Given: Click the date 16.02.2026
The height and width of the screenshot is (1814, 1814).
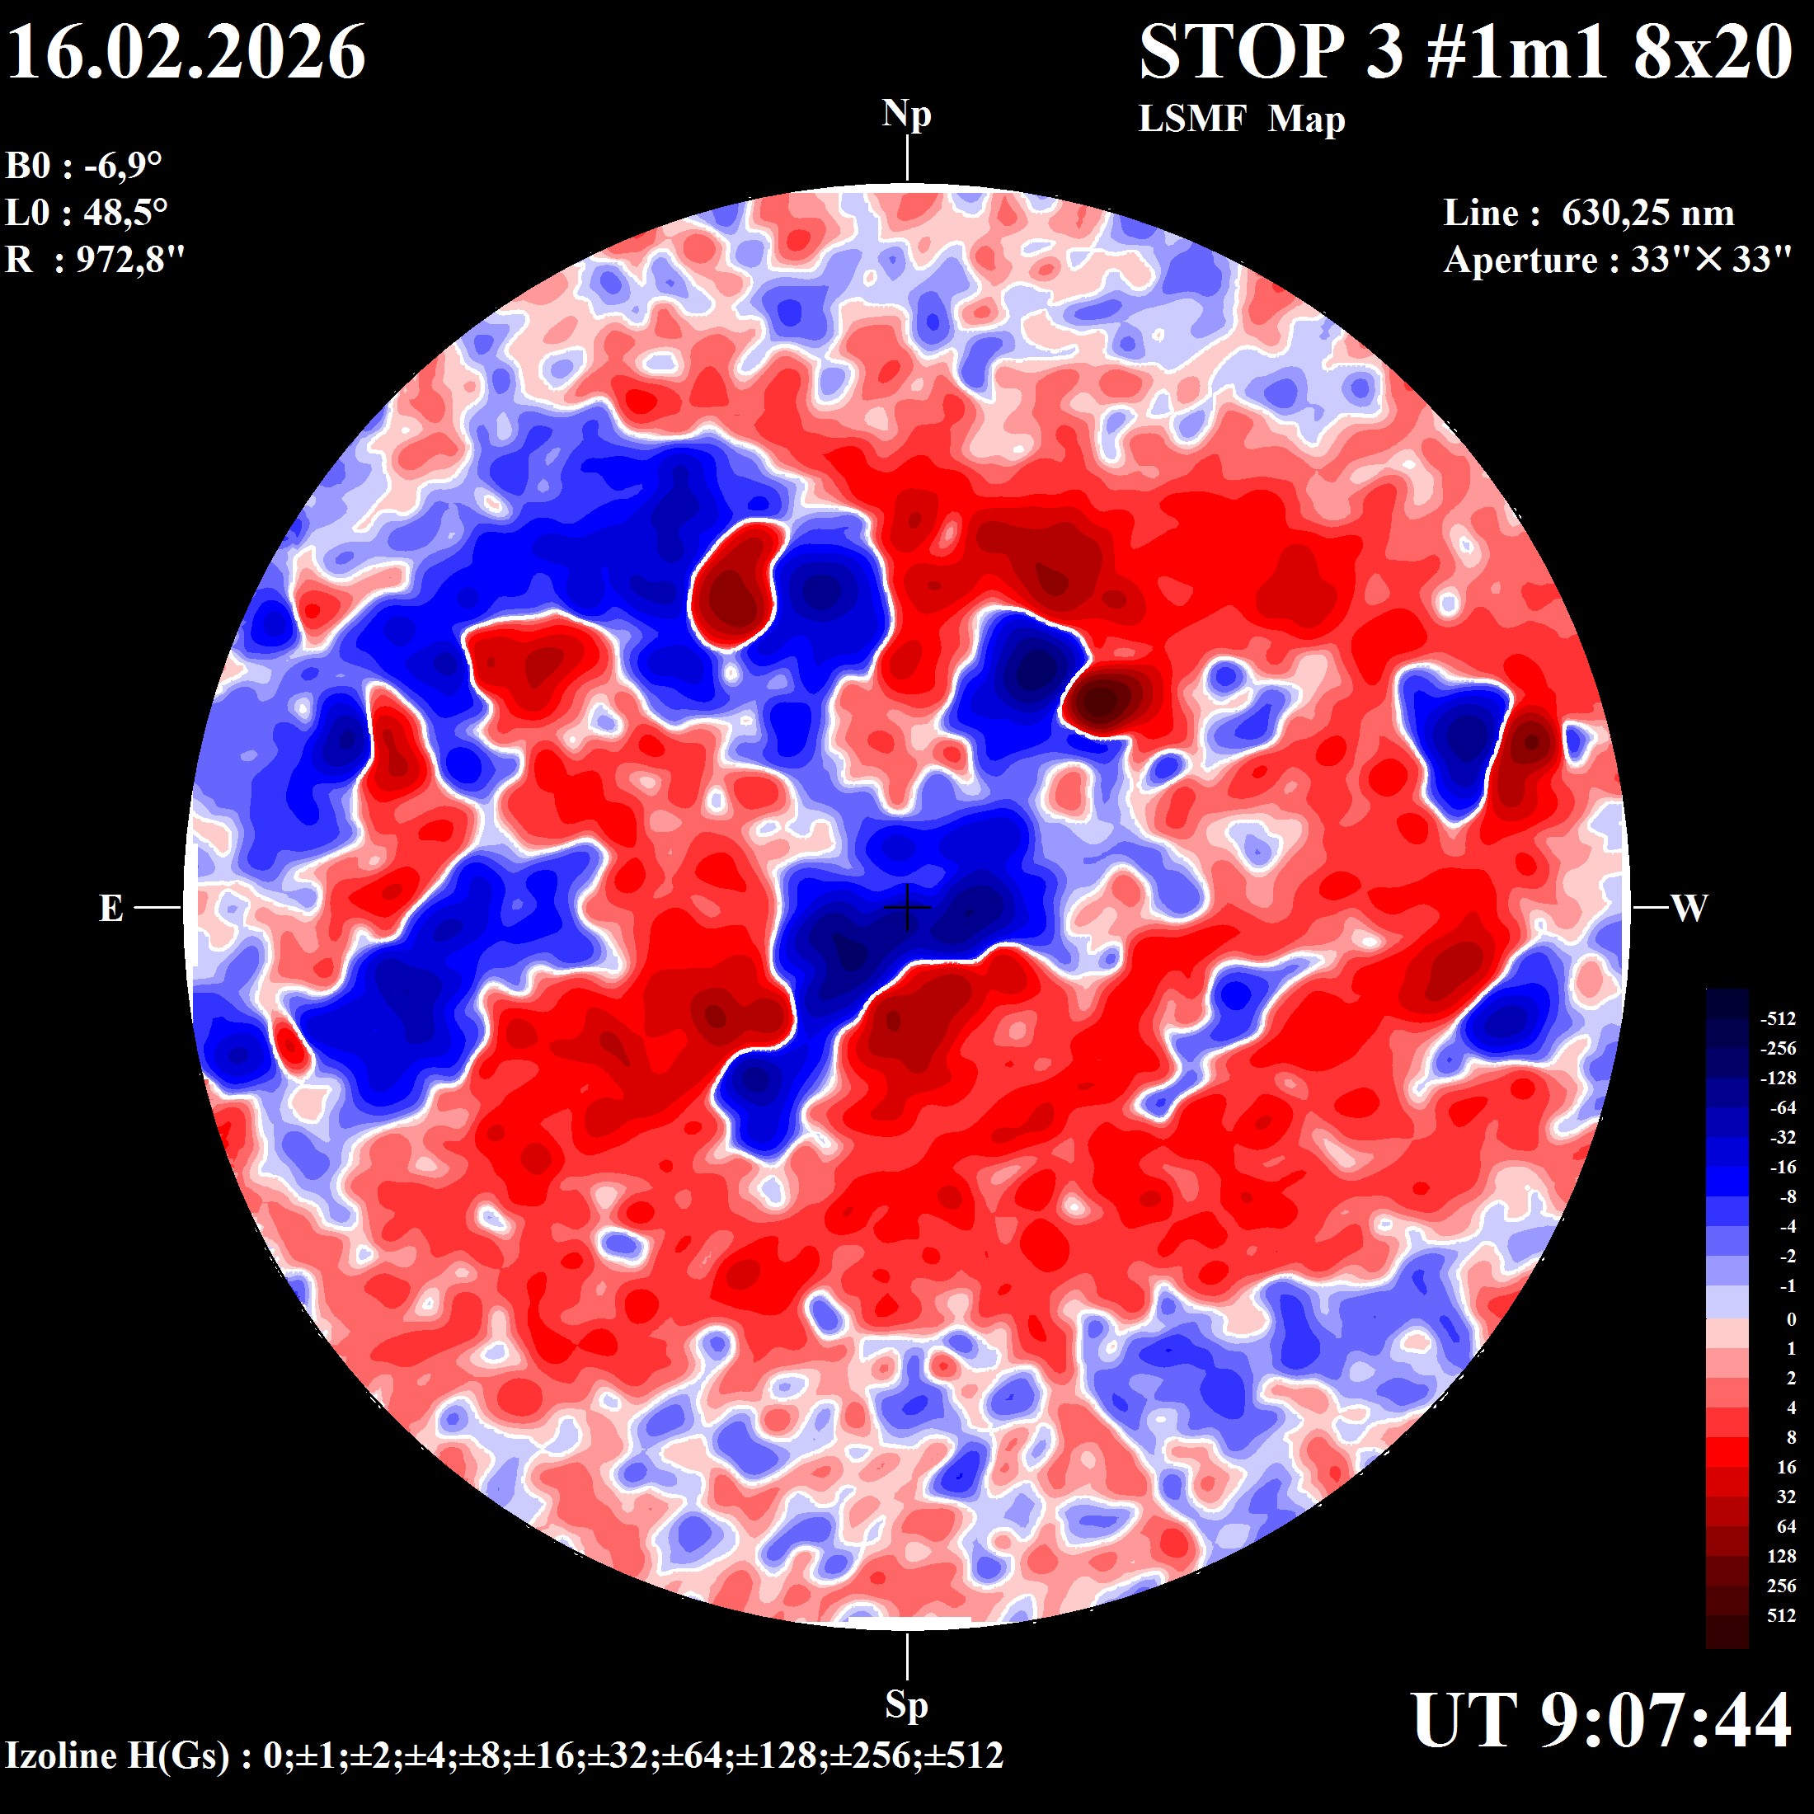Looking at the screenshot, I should pos(186,53).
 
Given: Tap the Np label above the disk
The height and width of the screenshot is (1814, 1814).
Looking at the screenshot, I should pos(906,115).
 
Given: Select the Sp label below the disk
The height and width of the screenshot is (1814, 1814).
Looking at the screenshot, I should pos(906,1704).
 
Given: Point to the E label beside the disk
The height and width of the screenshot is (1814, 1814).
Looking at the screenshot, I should pos(110,909).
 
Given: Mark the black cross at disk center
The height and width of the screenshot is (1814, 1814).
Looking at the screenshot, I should pos(907,907).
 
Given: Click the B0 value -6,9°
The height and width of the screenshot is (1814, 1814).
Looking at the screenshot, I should pos(123,167).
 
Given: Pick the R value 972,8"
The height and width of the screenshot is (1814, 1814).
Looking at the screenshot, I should pos(130,259).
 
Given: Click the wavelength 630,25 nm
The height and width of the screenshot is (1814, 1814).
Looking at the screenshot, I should pos(1647,213).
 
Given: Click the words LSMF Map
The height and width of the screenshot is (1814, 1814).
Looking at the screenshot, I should pos(1241,120).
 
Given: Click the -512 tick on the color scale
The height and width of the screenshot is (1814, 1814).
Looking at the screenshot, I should pos(1778,1019).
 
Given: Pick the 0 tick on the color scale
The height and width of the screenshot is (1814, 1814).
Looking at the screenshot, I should pos(1791,1319).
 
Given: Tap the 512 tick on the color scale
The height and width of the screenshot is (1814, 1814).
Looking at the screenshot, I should pos(1781,1616).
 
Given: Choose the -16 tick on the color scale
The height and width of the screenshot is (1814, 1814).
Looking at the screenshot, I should pos(1782,1167).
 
